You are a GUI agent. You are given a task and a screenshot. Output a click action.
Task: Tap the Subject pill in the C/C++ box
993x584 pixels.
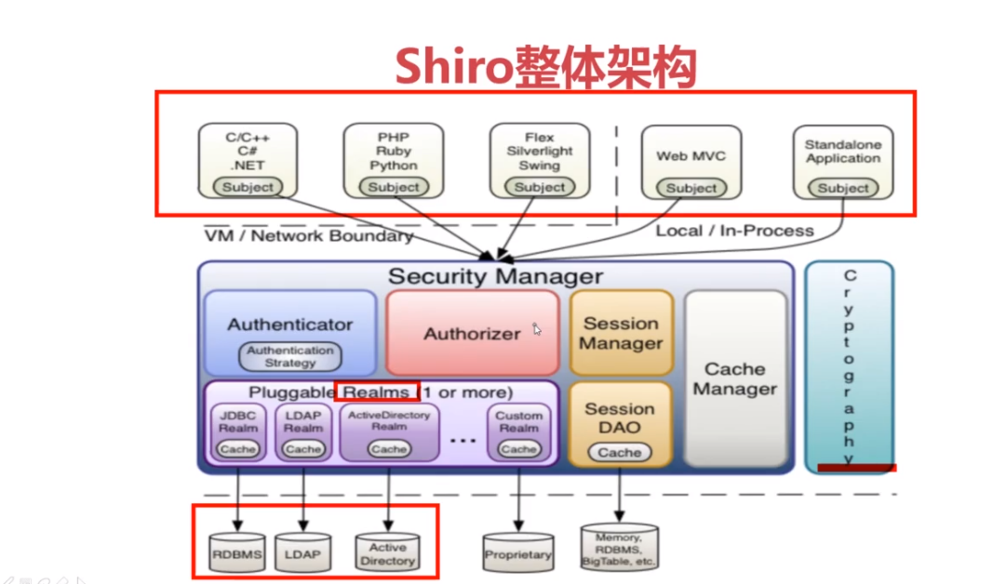[248, 187]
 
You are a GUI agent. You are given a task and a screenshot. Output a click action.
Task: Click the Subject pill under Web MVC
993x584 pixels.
[691, 188]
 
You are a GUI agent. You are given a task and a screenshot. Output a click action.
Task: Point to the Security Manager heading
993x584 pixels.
[495, 276]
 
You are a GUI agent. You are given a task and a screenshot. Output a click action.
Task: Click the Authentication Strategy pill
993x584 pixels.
[290, 356]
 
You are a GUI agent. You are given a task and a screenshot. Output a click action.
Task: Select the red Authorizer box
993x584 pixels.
[472, 332]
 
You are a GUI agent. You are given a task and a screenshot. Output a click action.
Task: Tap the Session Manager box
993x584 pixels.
[621, 332]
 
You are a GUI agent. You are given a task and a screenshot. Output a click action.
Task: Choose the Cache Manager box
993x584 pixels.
[735, 378]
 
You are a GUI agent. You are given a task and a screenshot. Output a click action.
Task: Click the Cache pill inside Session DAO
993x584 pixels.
[620, 453]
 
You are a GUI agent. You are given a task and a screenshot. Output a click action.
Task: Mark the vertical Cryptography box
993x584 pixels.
[849, 365]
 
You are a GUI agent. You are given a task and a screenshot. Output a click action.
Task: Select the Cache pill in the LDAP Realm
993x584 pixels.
[303, 449]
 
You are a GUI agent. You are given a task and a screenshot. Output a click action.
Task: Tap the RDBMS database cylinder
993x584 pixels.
[237, 554]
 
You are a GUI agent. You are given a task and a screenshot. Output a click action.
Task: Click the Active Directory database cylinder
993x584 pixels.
[388, 553]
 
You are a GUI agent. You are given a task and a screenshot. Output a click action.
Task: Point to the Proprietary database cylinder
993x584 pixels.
[518, 554]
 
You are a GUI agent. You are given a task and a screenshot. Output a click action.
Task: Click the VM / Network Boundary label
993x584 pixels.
[308, 236]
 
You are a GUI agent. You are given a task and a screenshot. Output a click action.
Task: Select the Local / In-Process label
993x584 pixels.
[735, 231]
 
